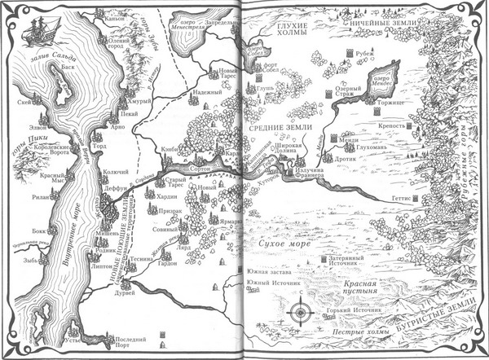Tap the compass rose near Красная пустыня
click(x=302, y=310)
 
